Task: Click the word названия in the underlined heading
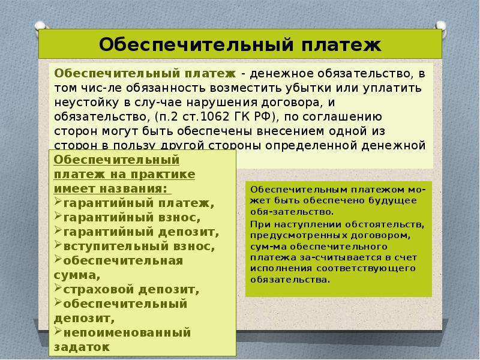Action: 136,188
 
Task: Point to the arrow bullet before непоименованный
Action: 58,331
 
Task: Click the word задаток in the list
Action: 82,346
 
